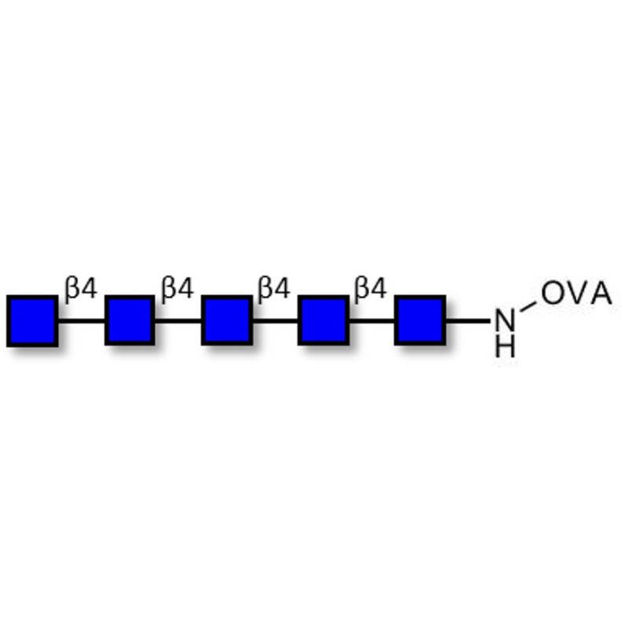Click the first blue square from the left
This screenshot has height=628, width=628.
coord(32,321)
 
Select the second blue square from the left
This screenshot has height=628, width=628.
coord(130,320)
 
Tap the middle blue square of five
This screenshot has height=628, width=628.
coord(227,320)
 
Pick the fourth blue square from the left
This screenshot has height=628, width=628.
coord(323,320)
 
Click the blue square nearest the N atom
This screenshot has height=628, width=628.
coord(420,320)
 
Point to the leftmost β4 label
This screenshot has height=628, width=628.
coord(81,288)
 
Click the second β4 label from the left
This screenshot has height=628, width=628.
coord(177,288)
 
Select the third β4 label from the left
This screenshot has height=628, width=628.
coord(274,288)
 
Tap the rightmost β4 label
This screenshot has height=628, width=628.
coord(371,288)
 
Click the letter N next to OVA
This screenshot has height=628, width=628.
coord(505,320)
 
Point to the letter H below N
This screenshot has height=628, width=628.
coord(505,347)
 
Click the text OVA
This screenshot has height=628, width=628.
coord(576,293)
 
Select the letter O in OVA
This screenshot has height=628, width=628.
coord(553,293)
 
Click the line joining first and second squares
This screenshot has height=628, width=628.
coord(82,320)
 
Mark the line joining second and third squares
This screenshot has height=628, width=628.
coord(178,320)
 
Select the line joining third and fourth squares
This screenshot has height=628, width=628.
coord(276,320)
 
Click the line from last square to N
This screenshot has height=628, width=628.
coord(468,320)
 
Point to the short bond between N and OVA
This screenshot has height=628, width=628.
coord(528,306)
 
